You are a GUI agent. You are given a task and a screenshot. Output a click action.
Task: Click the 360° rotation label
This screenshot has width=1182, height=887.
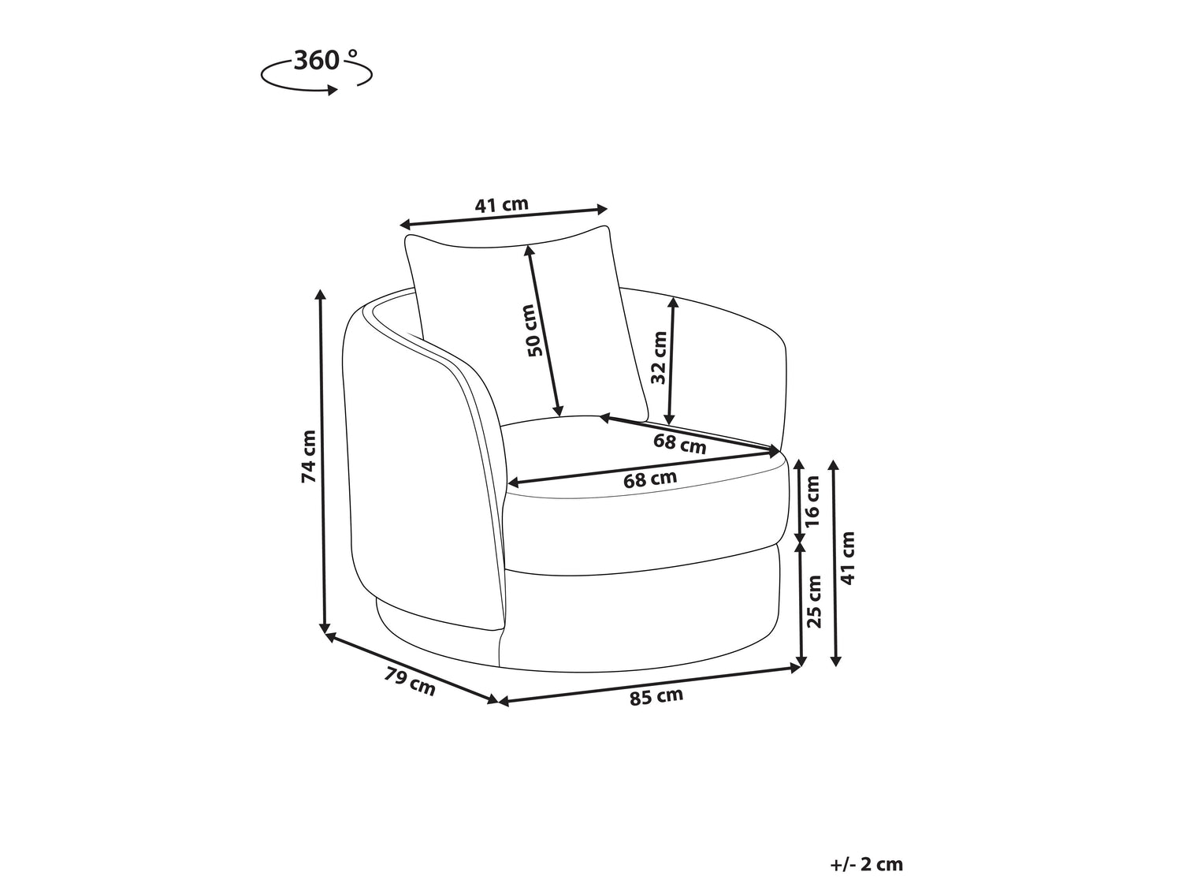tap(325, 61)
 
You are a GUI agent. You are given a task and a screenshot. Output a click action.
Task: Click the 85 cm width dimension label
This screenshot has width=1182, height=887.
tap(656, 696)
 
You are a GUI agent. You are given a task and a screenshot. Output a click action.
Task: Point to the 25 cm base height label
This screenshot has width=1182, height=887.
tap(814, 601)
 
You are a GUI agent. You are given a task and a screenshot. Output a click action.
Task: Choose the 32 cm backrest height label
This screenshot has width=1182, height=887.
tap(658, 357)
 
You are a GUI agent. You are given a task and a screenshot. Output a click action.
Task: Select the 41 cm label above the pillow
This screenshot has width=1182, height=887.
tap(501, 205)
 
